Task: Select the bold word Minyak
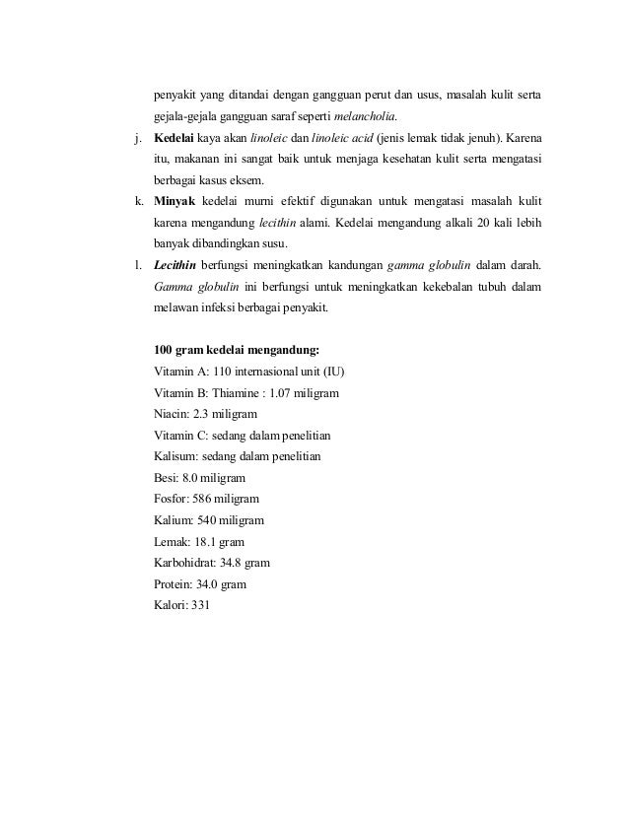pyautogui.click(x=174, y=201)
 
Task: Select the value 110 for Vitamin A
pyautogui.click(x=225, y=372)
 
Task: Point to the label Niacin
pyautogui.click(x=172, y=415)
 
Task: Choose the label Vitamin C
pyautogui.click(x=179, y=436)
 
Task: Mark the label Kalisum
pyautogui.click(x=176, y=457)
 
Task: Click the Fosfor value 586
pyautogui.click(x=206, y=499)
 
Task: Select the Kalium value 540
pyautogui.click(x=208, y=520)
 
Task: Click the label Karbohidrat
pyautogui.click(x=187, y=563)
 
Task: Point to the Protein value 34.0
pyautogui.click(x=208, y=584)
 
